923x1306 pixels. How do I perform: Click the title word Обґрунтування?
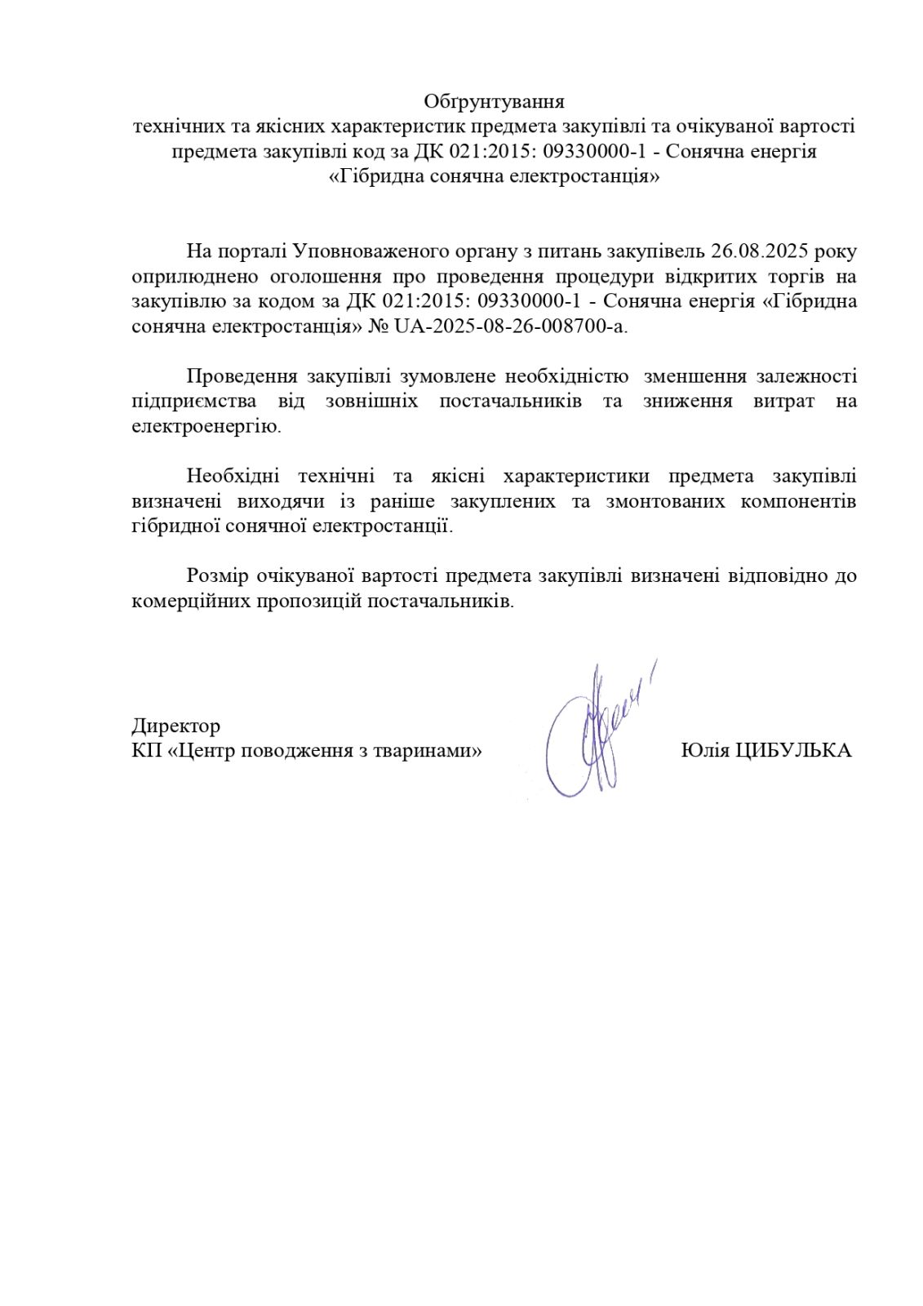tap(494, 102)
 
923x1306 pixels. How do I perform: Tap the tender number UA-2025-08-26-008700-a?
tap(511, 326)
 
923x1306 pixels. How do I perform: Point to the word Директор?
tap(175, 726)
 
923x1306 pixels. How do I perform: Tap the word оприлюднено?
tap(195, 276)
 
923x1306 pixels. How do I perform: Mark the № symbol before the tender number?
tap(379, 326)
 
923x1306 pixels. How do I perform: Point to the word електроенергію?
tap(205, 427)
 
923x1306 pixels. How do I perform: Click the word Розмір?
tap(216, 576)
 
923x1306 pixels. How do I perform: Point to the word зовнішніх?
tap(371, 402)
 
